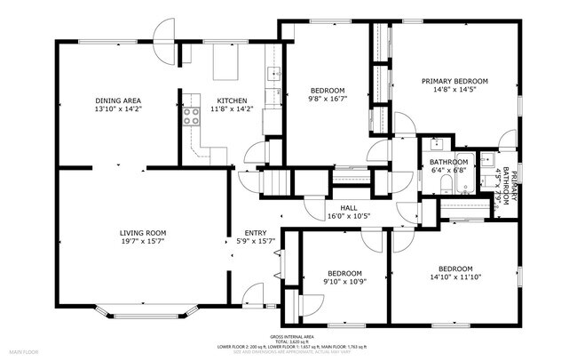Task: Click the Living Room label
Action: click(x=144, y=233)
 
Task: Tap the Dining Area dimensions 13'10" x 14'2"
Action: click(x=119, y=109)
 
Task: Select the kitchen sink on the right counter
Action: click(x=275, y=74)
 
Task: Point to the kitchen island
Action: click(x=226, y=64)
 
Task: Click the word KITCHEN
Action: click(x=232, y=100)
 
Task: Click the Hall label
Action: click(x=336, y=207)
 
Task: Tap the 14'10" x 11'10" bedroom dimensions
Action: click(x=454, y=277)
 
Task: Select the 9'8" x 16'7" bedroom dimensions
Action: click(x=327, y=100)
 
